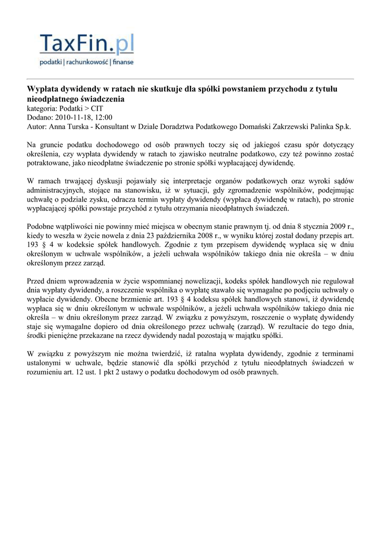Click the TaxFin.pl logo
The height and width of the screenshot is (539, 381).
tap(87, 44)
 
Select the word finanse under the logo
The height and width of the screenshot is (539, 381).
tap(123, 62)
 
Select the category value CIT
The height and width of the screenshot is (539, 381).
tap(97, 108)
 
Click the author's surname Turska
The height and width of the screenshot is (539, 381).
tap(79, 127)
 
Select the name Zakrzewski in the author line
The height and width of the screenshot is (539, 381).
tap(284, 127)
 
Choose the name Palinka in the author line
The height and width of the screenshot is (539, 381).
tap(319, 127)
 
